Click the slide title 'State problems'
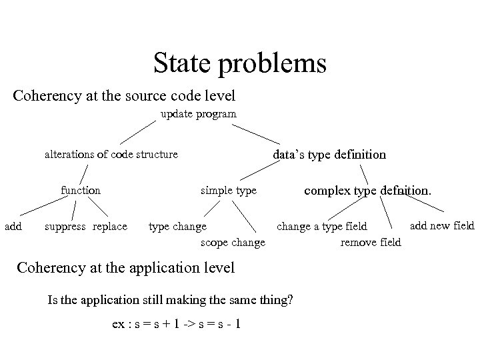point(239,63)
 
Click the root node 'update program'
point(198,114)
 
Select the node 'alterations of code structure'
point(111,155)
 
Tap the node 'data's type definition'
point(329,155)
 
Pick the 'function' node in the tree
point(81,191)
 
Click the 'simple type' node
point(229,191)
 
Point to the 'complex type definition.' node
point(368,191)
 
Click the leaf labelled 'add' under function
point(13,227)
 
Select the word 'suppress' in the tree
point(65,227)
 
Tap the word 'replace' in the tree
point(110,227)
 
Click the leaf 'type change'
point(177,227)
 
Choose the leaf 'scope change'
point(233,242)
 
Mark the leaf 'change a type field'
point(322,227)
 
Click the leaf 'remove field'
point(371,243)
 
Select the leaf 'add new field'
point(441,225)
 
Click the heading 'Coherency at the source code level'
point(124,96)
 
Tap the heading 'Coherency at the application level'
point(125,268)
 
